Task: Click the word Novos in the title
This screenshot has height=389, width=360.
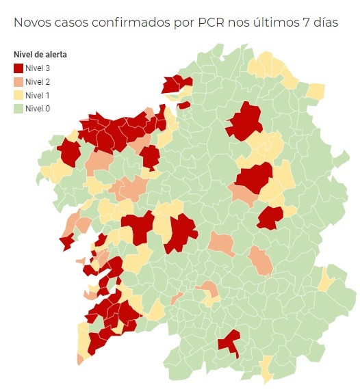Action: [x=33, y=23]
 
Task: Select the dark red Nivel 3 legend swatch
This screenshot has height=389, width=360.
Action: [x=18, y=68]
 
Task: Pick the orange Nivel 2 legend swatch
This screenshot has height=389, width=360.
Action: [x=18, y=81]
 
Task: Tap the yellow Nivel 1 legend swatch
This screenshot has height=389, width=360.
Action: [x=18, y=94]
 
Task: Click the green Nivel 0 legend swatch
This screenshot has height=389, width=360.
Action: [x=18, y=108]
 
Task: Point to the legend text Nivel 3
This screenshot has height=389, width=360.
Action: [x=38, y=68]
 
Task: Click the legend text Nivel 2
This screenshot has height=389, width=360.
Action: [x=38, y=81]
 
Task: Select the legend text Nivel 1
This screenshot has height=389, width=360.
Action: [x=38, y=94]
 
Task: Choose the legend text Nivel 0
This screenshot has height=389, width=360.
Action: [x=38, y=108]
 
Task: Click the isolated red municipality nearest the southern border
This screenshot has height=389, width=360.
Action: [x=229, y=343]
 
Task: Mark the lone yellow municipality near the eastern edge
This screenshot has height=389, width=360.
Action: [x=326, y=280]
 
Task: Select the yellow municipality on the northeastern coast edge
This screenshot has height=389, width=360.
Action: [x=315, y=92]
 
